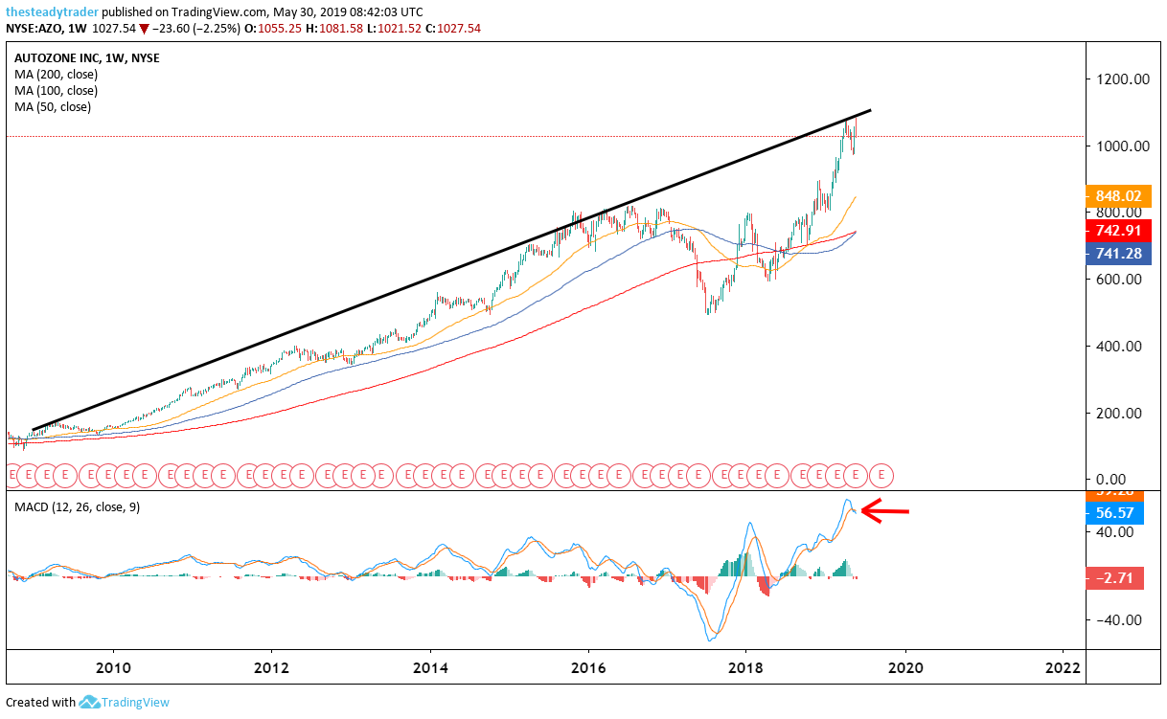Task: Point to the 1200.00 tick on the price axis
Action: pos(1121,79)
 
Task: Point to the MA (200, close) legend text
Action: pos(56,74)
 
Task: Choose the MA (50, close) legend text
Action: pos(53,106)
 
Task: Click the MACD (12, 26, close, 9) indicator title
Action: pos(77,506)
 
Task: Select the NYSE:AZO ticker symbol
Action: pos(35,29)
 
